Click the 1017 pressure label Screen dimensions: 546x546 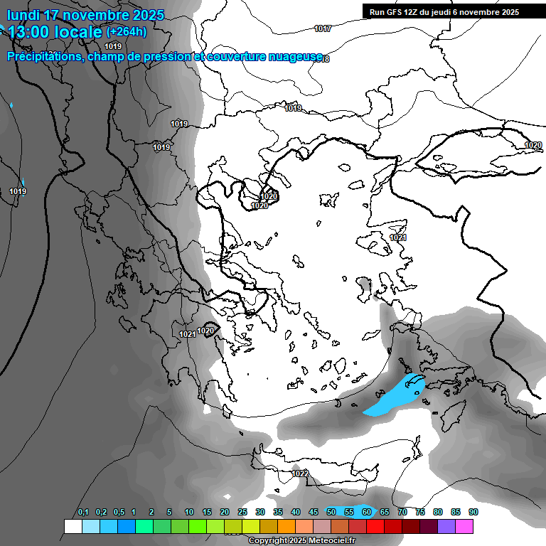(323, 28)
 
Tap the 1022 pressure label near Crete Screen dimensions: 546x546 (300, 473)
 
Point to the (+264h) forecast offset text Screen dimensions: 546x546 (126, 31)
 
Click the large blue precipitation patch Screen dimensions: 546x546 (395, 395)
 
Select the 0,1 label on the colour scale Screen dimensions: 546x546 (83, 513)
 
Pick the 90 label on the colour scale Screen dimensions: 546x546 (473, 513)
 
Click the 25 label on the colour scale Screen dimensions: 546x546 (242, 513)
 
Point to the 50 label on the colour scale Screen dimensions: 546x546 (331, 513)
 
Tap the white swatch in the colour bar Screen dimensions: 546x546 (73, 526)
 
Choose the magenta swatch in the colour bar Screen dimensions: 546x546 (464, 526)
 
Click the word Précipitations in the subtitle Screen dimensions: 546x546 (44, 56)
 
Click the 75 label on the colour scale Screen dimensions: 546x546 (420, 513)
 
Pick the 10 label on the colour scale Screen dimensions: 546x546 (189, 513)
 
